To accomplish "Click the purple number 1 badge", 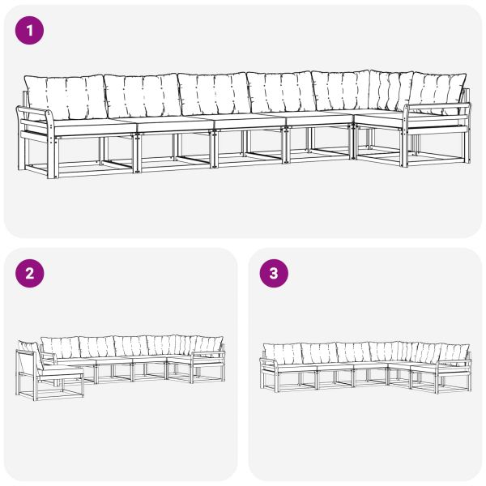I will point(30,31).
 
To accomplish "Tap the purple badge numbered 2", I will point(30,274).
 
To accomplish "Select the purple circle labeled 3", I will point(273,274).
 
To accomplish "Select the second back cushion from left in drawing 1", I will point(143,96).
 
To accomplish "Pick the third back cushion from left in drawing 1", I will point(213,94).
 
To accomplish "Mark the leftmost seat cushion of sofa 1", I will point(89,124).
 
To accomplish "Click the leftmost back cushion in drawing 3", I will point(282,353).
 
